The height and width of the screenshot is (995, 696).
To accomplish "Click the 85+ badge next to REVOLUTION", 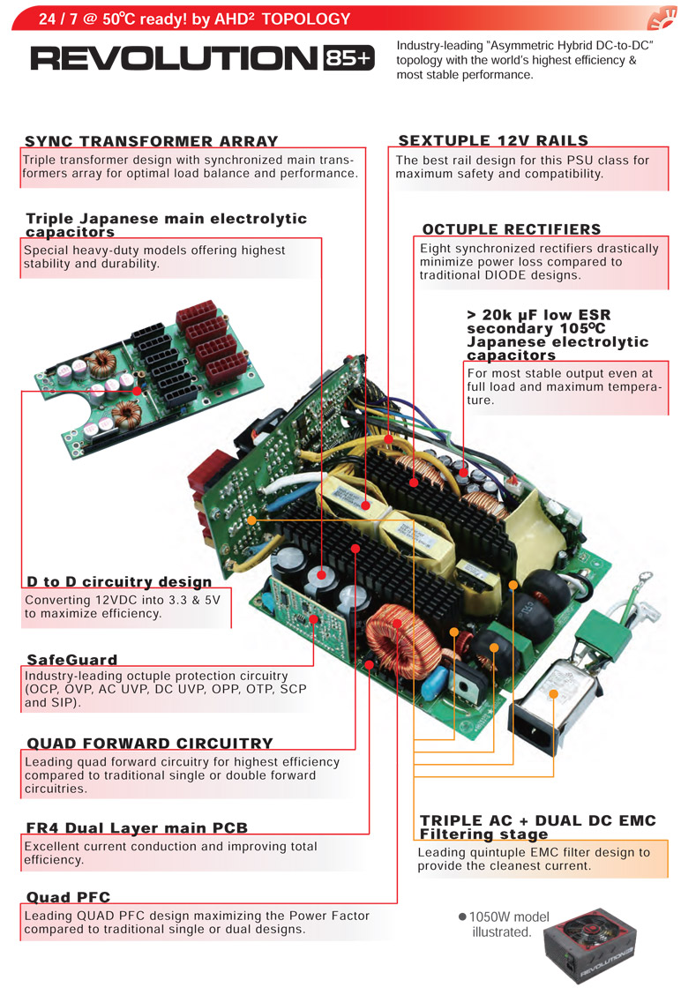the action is (349, 58).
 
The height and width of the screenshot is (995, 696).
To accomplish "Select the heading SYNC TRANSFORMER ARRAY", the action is (152, 141).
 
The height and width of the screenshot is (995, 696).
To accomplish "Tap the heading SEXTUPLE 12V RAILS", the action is (494, 140).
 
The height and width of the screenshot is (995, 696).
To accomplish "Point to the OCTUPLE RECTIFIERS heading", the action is (512, 229).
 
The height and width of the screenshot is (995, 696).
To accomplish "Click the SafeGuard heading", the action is (72, 659).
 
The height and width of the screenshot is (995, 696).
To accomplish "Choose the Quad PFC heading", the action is (69, 896).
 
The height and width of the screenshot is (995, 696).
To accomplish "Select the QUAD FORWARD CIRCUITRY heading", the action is (150, 743).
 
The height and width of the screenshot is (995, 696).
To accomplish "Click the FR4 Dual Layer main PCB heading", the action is (137, 827).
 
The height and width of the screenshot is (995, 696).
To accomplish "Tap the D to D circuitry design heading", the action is (119, 581).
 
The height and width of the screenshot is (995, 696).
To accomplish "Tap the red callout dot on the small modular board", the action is (137, 391).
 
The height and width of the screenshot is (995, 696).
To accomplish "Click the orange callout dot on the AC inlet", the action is (553, 694).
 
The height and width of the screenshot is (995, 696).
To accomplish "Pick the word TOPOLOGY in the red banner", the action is (306, 19).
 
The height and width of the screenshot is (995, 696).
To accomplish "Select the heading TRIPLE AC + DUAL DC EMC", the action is (537, 819).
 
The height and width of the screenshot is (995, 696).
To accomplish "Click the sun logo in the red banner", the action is (662, 17).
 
